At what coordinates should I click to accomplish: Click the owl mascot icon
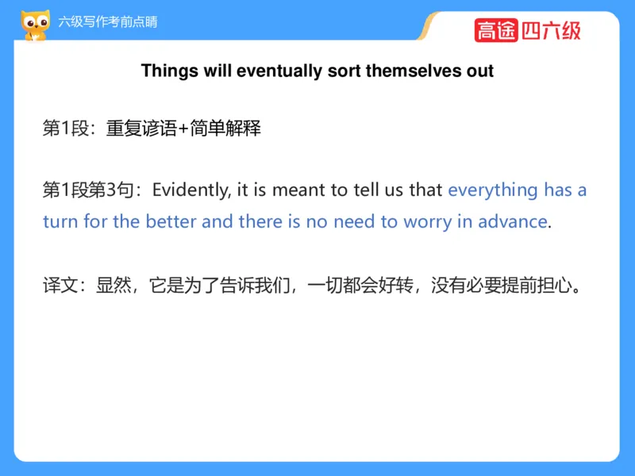(x=36, y=25)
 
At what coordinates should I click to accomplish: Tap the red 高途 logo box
(x=496, y=30)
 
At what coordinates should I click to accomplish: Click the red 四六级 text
(x=551, y=31)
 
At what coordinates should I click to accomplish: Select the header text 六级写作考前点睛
(x=108, y=22)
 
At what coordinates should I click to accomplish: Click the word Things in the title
(x=170, y=71)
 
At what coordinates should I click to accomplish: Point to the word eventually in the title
(x=279, y=71)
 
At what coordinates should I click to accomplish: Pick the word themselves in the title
(x=414, y=71)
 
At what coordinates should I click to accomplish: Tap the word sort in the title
(x=344, y=71)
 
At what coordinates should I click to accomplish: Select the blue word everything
(x=493, y=190)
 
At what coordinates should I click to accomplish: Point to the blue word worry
(x=428, y=223)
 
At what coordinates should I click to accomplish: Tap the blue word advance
(x=513, y=221)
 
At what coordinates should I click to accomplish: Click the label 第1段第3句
(x=88, y=190)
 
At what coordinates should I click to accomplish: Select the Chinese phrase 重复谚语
(x=142, y=129)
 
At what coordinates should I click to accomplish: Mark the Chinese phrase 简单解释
(x=225, y=129)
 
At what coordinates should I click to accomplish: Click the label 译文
(x=60, y=286)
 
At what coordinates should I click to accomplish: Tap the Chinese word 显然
(x=114, y=286)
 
